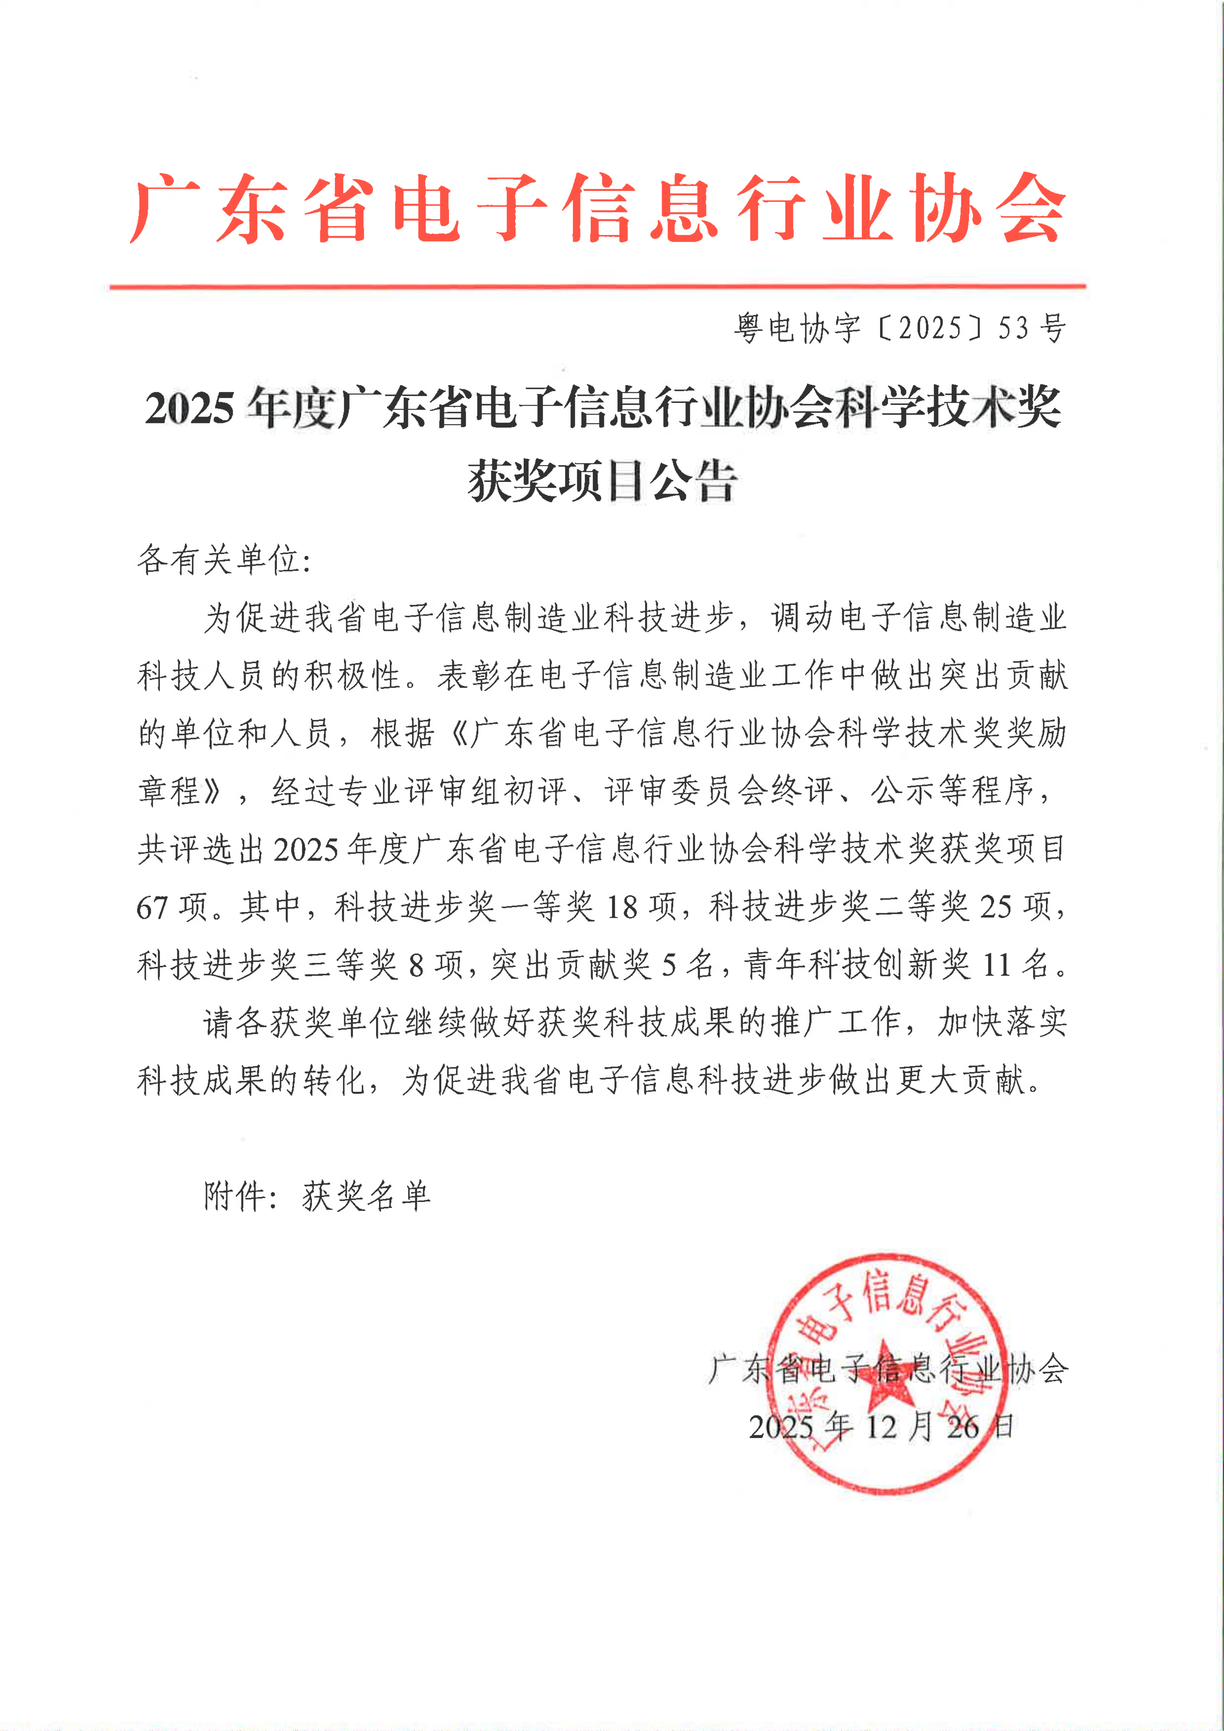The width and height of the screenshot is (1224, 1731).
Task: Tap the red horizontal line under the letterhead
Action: tap(597, 287)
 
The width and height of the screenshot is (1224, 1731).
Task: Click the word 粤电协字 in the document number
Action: tap(798, 328)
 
